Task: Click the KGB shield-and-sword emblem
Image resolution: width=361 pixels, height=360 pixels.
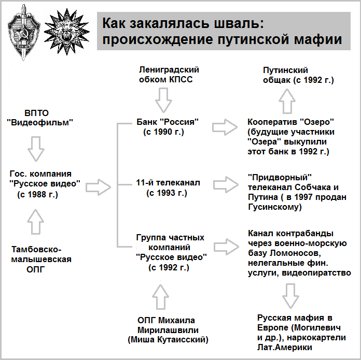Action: tap(24, 32)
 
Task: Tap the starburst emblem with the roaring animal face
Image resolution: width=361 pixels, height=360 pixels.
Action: tap(66, 32)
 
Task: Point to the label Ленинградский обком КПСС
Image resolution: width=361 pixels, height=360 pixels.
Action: tap(169, 75)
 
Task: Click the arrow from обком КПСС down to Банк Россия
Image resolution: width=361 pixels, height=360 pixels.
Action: tap(163, 100)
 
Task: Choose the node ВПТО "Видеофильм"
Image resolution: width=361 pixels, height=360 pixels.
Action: tap(39, 118)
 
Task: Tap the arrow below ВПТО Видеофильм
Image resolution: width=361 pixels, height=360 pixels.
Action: tap(36, 149)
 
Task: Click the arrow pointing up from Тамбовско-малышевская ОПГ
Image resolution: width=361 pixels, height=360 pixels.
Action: tap(35, 222)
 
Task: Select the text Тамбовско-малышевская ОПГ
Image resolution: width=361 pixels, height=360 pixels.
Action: tap(41, 260)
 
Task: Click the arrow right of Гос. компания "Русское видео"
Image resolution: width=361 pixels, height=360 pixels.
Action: tap(99, 187)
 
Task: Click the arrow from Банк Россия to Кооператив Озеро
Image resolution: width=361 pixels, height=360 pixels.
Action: tap(225, 127)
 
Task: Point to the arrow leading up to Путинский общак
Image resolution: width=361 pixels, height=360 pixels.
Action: tap(287, 101)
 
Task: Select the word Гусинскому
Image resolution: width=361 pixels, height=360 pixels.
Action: tap(275, 207)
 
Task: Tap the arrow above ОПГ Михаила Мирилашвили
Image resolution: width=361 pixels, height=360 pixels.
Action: tap(160, 297)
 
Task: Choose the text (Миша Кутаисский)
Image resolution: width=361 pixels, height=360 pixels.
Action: tap(168, 340)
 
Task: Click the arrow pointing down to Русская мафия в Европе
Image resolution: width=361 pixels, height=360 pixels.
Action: tap(290, 296)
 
